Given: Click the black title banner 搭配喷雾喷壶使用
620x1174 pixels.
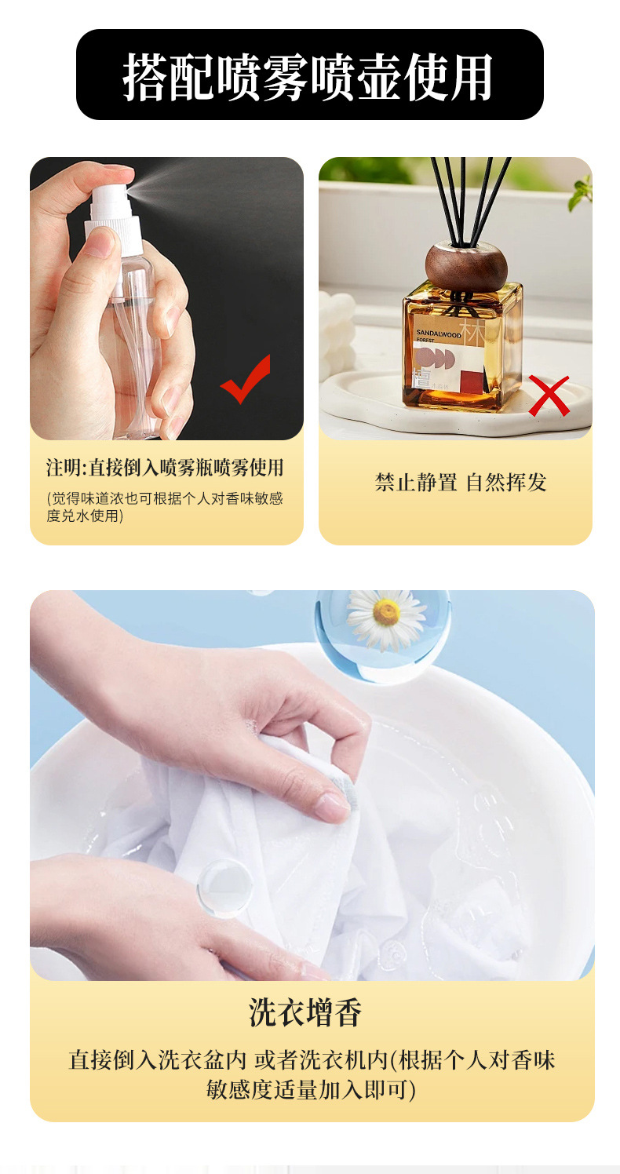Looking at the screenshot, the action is pos(310,75).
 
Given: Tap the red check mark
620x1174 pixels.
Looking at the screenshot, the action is pos(246,380).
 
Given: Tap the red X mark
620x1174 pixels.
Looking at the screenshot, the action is pos(549,396).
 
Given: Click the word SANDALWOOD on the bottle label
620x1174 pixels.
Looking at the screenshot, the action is pos(439,333).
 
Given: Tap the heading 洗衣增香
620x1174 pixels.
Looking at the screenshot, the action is pos(305,1012).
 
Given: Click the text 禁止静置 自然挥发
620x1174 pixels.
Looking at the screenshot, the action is pos(461,482).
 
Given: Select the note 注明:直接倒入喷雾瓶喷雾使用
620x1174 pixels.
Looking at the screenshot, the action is pos(165,468).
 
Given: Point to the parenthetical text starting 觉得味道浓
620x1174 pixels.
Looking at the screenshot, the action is pos(165,507).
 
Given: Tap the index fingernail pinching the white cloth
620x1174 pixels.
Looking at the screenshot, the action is pos(332,807).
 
